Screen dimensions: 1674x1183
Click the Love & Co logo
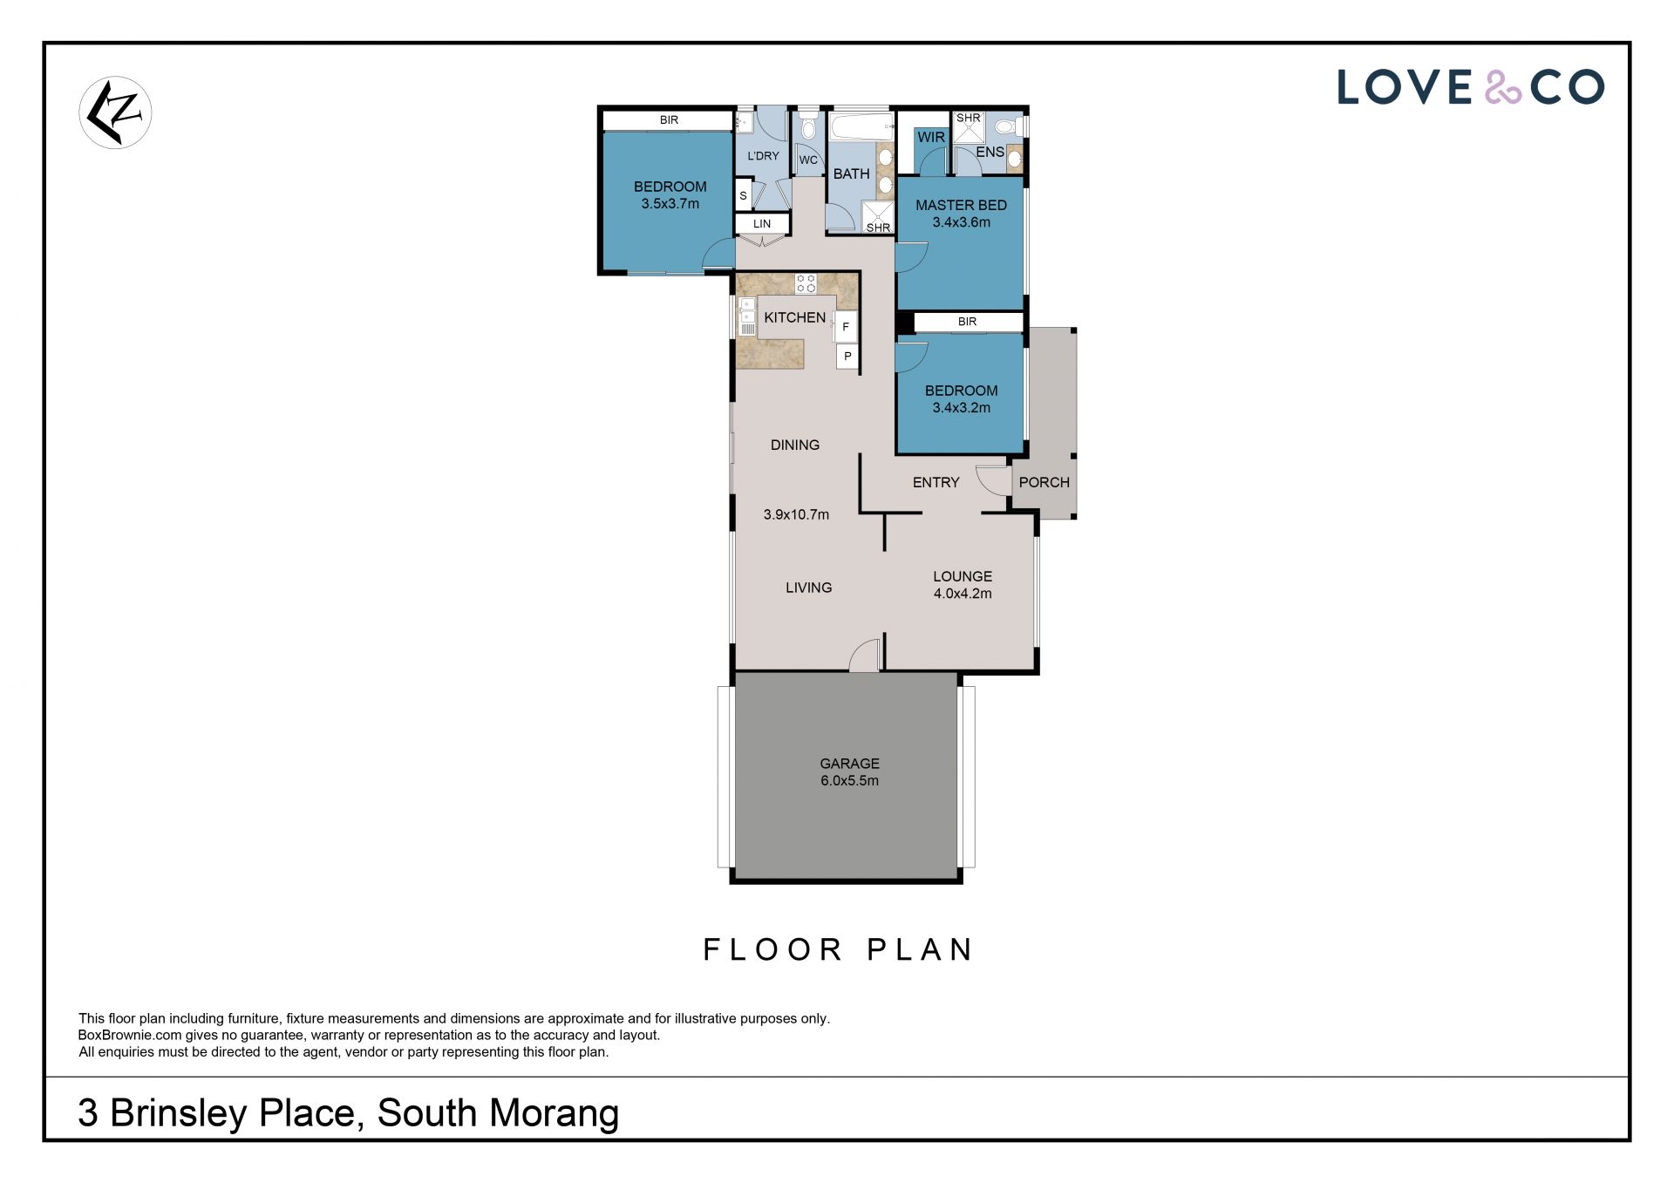tap(1470, 87)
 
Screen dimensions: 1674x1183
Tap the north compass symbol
tap(115, 112)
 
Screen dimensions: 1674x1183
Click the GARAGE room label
tap(849, 764)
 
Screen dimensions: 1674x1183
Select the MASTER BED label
tap(961, 205)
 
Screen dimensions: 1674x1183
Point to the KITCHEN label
tap(794, 317)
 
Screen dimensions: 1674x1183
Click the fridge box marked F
tap(846, 327)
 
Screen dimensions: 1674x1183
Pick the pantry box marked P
tap(847, 356)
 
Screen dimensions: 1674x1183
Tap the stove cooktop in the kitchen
tap(806, 282)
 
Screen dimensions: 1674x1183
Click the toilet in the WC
tap(808, 127)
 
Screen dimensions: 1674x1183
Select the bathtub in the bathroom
tap(861, 127)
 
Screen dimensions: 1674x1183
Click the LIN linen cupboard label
tap(762, 224)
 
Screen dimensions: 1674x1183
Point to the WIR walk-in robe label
tap(931, 137)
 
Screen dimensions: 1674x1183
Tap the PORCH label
tap(1044, 482)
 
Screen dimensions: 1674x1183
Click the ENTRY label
tap(936, 482)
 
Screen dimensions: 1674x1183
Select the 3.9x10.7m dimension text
tap(796, 514)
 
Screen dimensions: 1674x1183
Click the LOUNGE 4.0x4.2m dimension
tap(963, 594)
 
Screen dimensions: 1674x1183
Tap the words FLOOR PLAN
tap(838, 949)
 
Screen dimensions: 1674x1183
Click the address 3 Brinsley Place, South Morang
tap(349, 1113)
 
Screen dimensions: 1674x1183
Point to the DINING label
tap(794, 445)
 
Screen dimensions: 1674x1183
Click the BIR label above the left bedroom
tap(669, 120)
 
